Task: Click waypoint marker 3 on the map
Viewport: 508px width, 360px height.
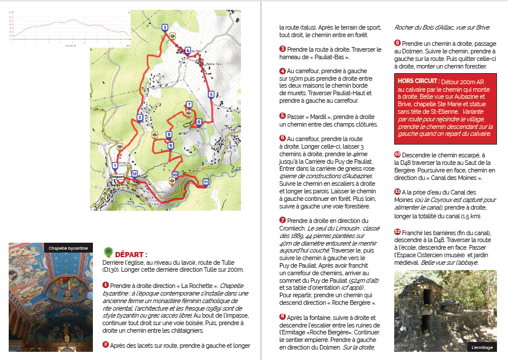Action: point(165,27)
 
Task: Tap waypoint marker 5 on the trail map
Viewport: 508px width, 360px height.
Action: point(211,94)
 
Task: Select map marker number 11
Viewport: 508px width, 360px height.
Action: point(206,182)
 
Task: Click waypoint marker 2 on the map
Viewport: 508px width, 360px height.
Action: point(139,117)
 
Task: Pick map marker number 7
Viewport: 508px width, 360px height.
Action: point(189,105)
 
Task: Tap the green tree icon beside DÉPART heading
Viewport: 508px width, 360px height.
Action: point(107,252)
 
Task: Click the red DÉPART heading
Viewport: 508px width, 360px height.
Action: point(131,254)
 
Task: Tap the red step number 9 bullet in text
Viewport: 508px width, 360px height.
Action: point(397,43)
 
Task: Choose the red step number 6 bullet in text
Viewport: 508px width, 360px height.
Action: point(283,138)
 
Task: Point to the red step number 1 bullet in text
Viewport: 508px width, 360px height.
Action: point(105,285)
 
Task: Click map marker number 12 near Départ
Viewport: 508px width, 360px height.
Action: point(134,174)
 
